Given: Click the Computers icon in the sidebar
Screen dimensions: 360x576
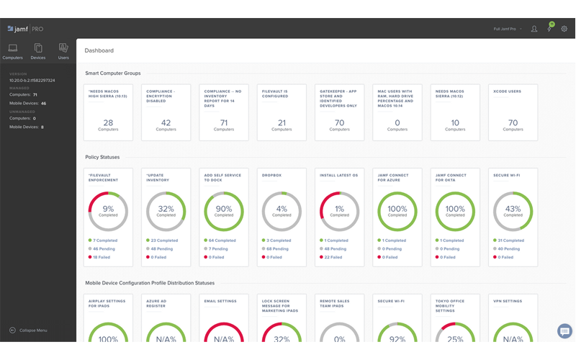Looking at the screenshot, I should pyautogui.click(x=13, y=48).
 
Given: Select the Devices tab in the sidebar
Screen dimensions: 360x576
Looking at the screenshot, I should pyautogui.click(x=38, y=48).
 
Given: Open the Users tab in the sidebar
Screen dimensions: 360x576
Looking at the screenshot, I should pyautogui.click(x=63, y=48).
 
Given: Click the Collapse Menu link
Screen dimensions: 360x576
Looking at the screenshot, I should pyautogui.click(x=32, y=330).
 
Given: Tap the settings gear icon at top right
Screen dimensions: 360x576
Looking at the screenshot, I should pyautogui.click(x=564, y=29).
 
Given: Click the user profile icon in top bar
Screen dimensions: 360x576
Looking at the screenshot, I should pyautogui.click(x=534, y=29).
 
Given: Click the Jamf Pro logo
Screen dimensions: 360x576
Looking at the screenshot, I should pyautogui.click(x=26, y=29).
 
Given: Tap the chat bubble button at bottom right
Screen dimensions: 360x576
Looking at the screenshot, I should pyautogui.click(x=564, y=331).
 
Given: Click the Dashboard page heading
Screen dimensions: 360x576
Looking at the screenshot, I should pyautogui.click(x=99, y=51).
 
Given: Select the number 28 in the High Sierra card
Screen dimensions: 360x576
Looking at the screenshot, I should pyautogui.click(x=108, y=122).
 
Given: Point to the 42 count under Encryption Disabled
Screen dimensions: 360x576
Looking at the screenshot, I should pyautogui.click(x=166, y=122).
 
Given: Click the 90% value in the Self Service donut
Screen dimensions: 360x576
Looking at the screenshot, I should pyautogui.click(x=224, y=208).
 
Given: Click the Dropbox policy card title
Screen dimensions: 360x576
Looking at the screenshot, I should pyautogui.click(x=271, y=175).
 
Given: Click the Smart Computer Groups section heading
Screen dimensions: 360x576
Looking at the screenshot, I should pyautogui.click(x=113, y=73).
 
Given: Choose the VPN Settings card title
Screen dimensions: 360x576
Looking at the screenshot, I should pyautogui.click(x=508, y=301).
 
